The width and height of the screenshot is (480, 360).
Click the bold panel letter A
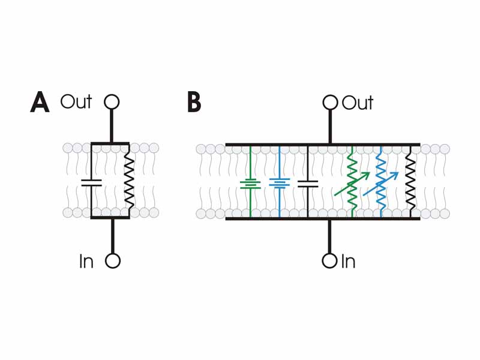tap(40, 103)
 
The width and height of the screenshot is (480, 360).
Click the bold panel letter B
tap(194, 103)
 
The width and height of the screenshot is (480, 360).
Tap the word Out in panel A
tap(76, 102)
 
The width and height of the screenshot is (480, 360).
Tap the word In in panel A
tap(86, 262)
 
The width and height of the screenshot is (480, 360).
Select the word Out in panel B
tap(358, 103)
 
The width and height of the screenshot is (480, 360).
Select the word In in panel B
tap(348, 262)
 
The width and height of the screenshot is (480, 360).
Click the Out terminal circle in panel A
tap(112, 102)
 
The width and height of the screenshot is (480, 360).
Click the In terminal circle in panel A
tap(112, 261)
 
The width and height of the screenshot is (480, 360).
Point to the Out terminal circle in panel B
tap(330, 103)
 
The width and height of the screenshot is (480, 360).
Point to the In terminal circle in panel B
tap(329, 261)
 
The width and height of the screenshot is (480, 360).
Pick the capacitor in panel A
tap(91, 182)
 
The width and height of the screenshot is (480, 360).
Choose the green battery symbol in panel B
tap(250, 184)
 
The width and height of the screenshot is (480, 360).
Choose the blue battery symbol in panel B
tap(279, 182)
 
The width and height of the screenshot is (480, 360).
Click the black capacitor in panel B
tap(308, 184)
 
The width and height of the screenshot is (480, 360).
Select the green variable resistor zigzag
tap(352, 181)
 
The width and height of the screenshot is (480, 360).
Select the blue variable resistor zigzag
tap(381, 182)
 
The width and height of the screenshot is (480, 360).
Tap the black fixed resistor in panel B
tap(410, 182)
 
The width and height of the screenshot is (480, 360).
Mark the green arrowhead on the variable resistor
tap(365, 175)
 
